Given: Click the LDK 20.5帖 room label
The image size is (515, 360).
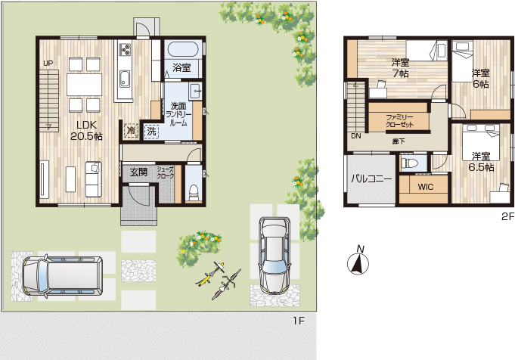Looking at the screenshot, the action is tap(86, 130).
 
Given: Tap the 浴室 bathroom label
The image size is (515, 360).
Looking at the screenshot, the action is tap(181, 67).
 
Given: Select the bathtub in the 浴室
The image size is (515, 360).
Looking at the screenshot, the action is tap(183, 50).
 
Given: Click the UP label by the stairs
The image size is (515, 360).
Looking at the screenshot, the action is tap(48, 64).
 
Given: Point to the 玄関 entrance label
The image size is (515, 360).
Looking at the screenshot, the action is tap(138, 172).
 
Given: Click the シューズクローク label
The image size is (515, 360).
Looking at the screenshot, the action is tap(165, 172).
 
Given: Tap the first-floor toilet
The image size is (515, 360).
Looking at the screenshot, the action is tap(194, 192).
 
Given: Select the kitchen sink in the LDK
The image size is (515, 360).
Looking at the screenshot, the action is tap(125, 79).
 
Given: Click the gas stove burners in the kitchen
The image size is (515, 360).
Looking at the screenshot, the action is tap(125, 49).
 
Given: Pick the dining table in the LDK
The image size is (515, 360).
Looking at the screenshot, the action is tap(85, 85).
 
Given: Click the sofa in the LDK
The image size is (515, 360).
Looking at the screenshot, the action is tap(93, 179).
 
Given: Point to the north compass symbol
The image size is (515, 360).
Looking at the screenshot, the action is tap(358, 262).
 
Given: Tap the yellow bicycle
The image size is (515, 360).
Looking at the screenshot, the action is tap(210, 274).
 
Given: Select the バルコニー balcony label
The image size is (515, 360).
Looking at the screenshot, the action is tap(371, 179).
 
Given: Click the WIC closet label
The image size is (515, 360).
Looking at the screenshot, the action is tap(426, 187).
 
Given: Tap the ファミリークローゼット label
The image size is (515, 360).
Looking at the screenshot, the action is tap(399, 121).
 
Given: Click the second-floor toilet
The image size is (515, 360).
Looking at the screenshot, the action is tap(410, 163).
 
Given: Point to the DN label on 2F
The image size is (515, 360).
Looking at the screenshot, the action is tap(356, 136).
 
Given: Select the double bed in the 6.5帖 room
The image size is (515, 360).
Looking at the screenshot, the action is tap(481, 142).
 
